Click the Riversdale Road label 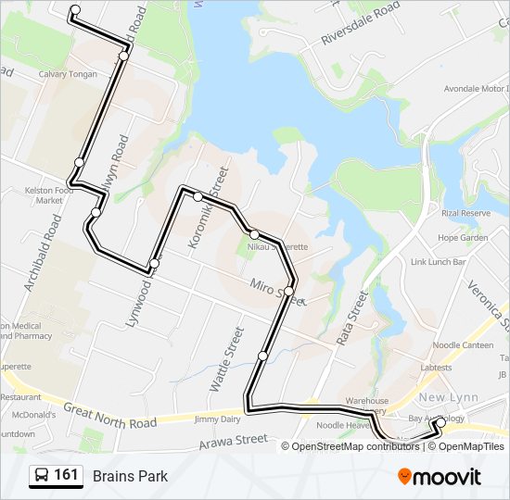tap(360, 23)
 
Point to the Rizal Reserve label tap(465, 213)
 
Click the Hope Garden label tap(462, 237)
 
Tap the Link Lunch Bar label tap(438, 262)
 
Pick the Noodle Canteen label tap(464, 344)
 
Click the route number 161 tap(66, 475)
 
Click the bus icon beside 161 tap(42, 476)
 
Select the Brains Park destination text tap(130, 476)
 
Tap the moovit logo tap(440, 477)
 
